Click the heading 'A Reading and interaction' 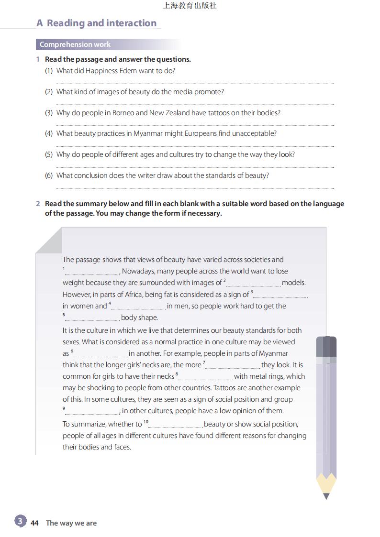(x=97, y=23)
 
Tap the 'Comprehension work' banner (x=75, y=44)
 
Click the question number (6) (x=49, y=175)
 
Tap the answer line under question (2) (x=195, y=104)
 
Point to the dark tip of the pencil (x=326, y=496)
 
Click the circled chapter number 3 (x=20, y=521)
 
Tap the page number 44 (x=34, y=523)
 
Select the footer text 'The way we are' (x=71, y=523)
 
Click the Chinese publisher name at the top (x=190, y=6)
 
